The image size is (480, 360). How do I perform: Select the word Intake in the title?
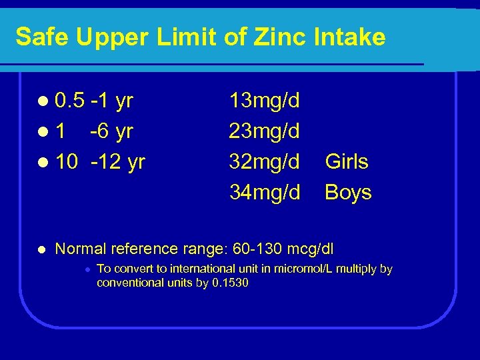[354, 37]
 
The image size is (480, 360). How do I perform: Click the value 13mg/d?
[264, 101]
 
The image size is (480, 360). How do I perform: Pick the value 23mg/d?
[264, 132]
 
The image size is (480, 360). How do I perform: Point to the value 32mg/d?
[264, 162]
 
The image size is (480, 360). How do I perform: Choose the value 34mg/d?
[264, 193]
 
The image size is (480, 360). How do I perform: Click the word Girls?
[347, 162]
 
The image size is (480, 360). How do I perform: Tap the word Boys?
[348, 193]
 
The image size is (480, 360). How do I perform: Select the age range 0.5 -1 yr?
[94, 101]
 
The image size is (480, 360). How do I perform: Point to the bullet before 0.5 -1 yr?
[43, 102]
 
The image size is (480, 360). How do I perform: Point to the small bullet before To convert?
[87, 269]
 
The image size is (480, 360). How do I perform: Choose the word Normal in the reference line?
[81, 249]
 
